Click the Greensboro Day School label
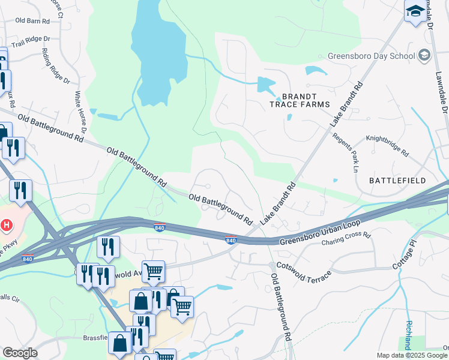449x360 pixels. (371, 56)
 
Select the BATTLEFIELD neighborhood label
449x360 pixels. (397, 180)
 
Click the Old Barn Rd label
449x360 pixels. (32, 20)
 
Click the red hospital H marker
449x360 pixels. (5, 226)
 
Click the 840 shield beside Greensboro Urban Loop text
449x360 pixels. (231, 240)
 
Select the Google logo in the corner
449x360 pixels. (20, 353)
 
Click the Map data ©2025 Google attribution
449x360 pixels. (412, 355)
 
